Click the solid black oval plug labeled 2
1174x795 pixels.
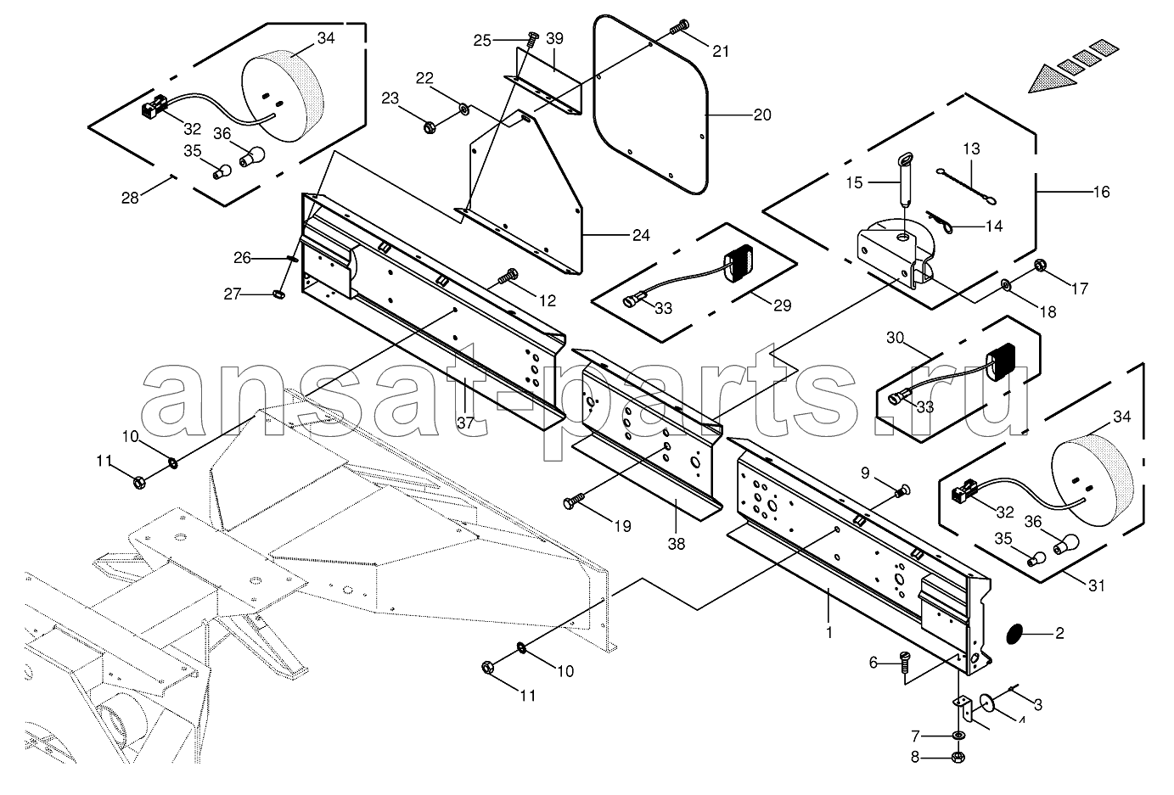pos(1015,634)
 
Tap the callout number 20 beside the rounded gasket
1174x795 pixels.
pos(762,115)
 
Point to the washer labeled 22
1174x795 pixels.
pos(463,109)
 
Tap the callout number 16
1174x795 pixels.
pos(1102,193)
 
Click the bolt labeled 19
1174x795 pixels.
pos(573,500)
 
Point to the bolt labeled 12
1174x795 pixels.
pos(507,276)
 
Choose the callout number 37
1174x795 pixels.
pos(465,423)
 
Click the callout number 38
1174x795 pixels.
pos(677,544)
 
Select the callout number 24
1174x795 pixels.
pos(641,236)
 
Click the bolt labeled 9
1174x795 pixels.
pos(902,490)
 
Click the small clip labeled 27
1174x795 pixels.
pos(278,295)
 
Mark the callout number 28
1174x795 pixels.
pos(130,198)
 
